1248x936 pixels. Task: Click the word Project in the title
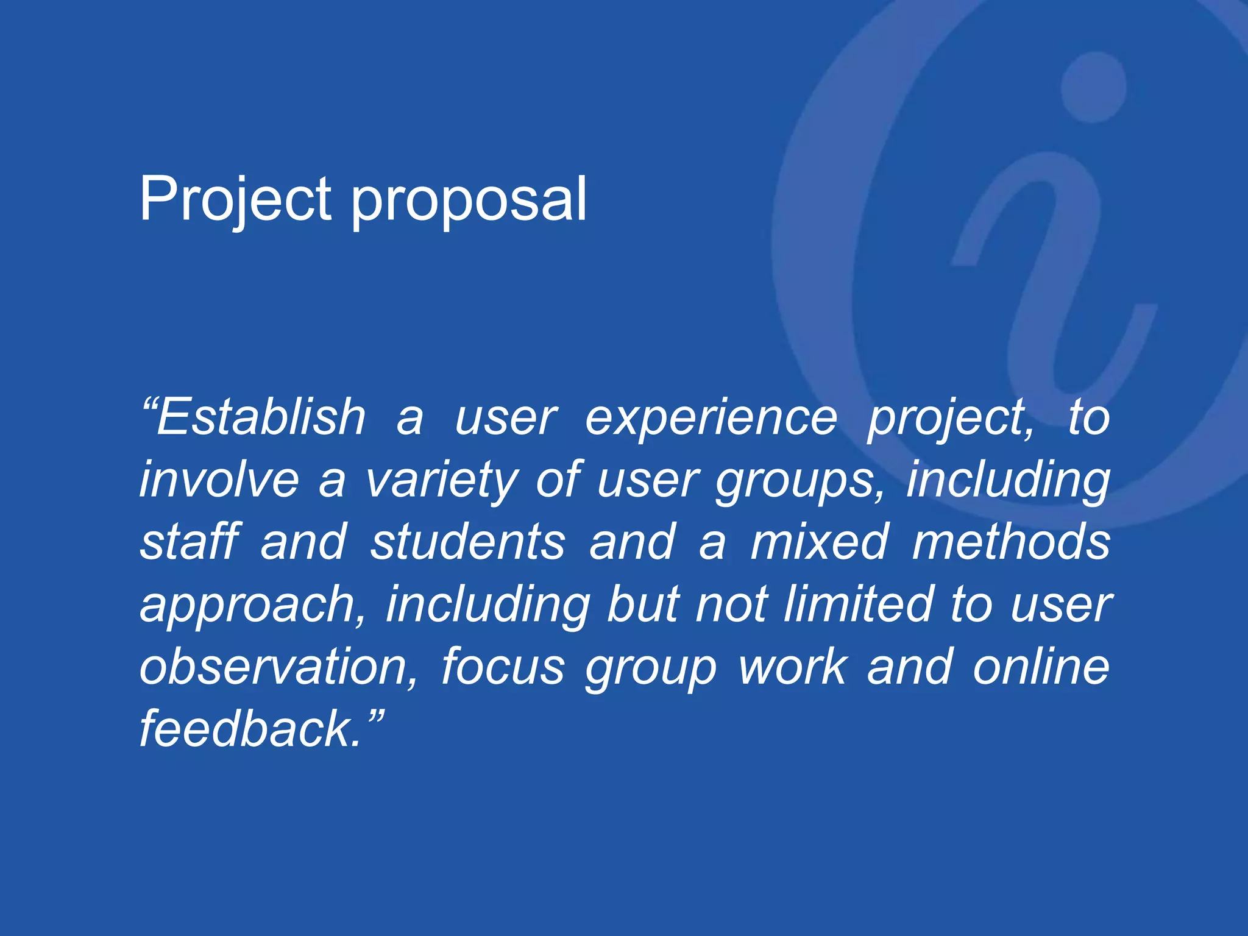pyautogui.click(x=235, y=200)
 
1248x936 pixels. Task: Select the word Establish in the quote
pyautogui.click(x=261, y=418)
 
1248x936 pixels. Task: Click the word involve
pyautogui.click(x=219, y=480)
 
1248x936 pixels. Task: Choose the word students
pyautogui.click(x=468, y=542)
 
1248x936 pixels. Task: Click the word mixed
pyautogui.click(x=819, y=542)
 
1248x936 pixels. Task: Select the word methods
pyautogui.click(x=1011, y=542)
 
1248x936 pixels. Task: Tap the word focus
pyautogui.click(x=503, y=667)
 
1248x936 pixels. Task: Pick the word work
pyautogui.click(x=792, y=667)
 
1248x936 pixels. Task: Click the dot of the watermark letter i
pyautogui.click(x=1094, y=87)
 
